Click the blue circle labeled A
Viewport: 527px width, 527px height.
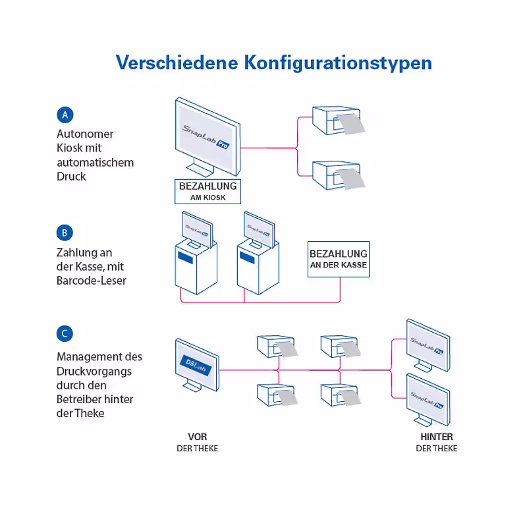click(65, 115)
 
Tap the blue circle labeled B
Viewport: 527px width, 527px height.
click(65, 233)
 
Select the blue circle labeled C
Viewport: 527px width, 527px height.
click(65, 333)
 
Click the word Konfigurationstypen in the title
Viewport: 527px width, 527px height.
click(338, 63)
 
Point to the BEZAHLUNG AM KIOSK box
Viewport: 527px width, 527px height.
click(208, 192)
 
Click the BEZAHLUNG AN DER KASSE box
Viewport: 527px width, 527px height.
click(339, 259)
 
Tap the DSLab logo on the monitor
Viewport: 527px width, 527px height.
click(196, 365)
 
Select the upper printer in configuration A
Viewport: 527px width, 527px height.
click(338, 121)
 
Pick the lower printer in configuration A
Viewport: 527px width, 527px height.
click(338, 175)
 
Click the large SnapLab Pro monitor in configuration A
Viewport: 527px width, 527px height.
click(208, 137)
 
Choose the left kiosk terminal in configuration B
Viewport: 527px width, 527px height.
click(196, 253)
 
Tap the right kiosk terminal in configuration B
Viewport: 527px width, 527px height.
click(258, 253)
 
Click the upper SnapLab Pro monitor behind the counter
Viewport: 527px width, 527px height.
click(428, 345)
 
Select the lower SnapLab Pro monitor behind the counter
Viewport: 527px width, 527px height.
click(428, 400)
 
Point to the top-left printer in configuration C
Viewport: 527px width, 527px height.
click(277, 347)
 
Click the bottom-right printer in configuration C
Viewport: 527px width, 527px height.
click(341, 395)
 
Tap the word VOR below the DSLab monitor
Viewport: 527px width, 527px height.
click(197, 437)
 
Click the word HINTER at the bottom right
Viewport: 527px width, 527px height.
click(437, 437)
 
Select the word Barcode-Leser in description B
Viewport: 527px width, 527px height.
click(92, 281)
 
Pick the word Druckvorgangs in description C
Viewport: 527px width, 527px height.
click(94, 372)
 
